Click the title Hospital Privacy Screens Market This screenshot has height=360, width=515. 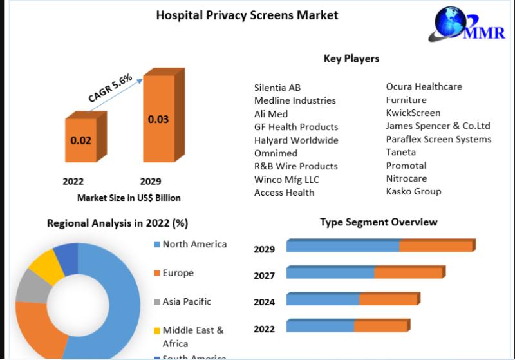click(247, 15)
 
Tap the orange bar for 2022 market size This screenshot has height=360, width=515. click(81, 139)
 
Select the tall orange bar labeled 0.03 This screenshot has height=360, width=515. click(158, 119)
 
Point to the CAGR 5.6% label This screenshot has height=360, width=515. click(110, 88)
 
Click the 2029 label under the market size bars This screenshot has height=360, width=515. click(150, 182)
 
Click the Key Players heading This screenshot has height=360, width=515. click(351, 59)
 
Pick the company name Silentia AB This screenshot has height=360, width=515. click(277, 87)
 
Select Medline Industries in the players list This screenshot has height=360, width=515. click(295, 100)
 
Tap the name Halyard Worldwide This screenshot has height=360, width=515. click(296, 140)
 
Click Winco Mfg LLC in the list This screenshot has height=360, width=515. click(286, 179)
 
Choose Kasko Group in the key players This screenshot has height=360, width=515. click(413, 191)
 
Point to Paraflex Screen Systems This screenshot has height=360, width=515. click(438, 139)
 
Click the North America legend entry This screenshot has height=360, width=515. click(194, 244)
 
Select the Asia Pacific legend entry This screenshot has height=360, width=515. click(187, 301)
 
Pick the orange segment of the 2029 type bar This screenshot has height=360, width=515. click(436, 246)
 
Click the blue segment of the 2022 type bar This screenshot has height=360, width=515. click(320, 326)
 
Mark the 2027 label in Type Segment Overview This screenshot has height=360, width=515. click(264, 276)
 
